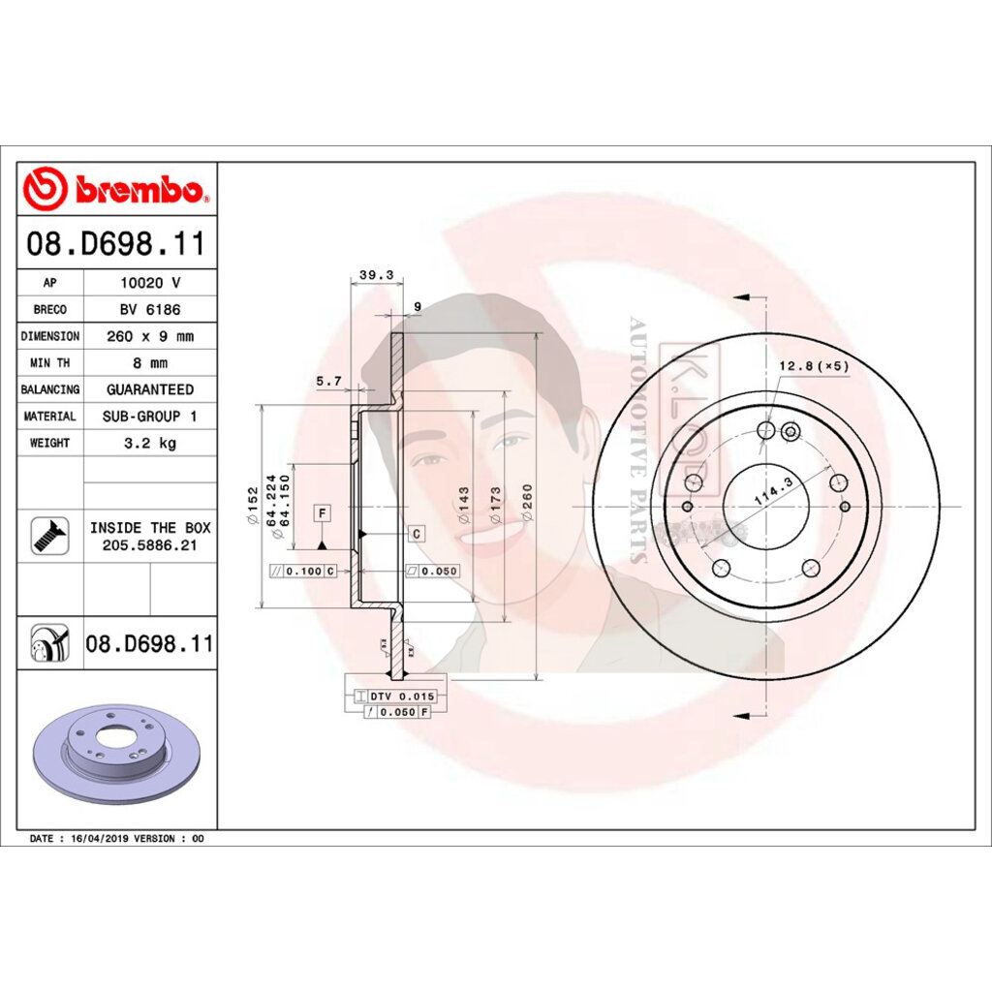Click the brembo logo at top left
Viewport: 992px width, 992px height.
click(116, 189)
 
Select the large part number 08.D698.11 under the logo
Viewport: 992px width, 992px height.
click(116, 244)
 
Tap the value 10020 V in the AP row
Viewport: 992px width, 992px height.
click(150, 283)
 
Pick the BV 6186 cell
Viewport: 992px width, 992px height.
click(150, 310)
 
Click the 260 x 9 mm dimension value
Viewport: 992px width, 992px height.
click(150, 336)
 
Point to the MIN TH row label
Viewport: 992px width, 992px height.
click(49, 363)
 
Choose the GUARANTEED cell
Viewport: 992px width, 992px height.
click(150, 389)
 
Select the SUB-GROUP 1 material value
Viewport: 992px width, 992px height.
click(150, 417)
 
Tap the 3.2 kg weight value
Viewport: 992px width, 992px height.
click(150, 443)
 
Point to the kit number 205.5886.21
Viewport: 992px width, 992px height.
click(150, 546)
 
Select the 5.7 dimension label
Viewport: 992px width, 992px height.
click(328, 382)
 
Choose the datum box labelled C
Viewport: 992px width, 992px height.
click(417, 534)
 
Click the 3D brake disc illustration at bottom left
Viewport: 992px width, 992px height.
click(116, 753)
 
